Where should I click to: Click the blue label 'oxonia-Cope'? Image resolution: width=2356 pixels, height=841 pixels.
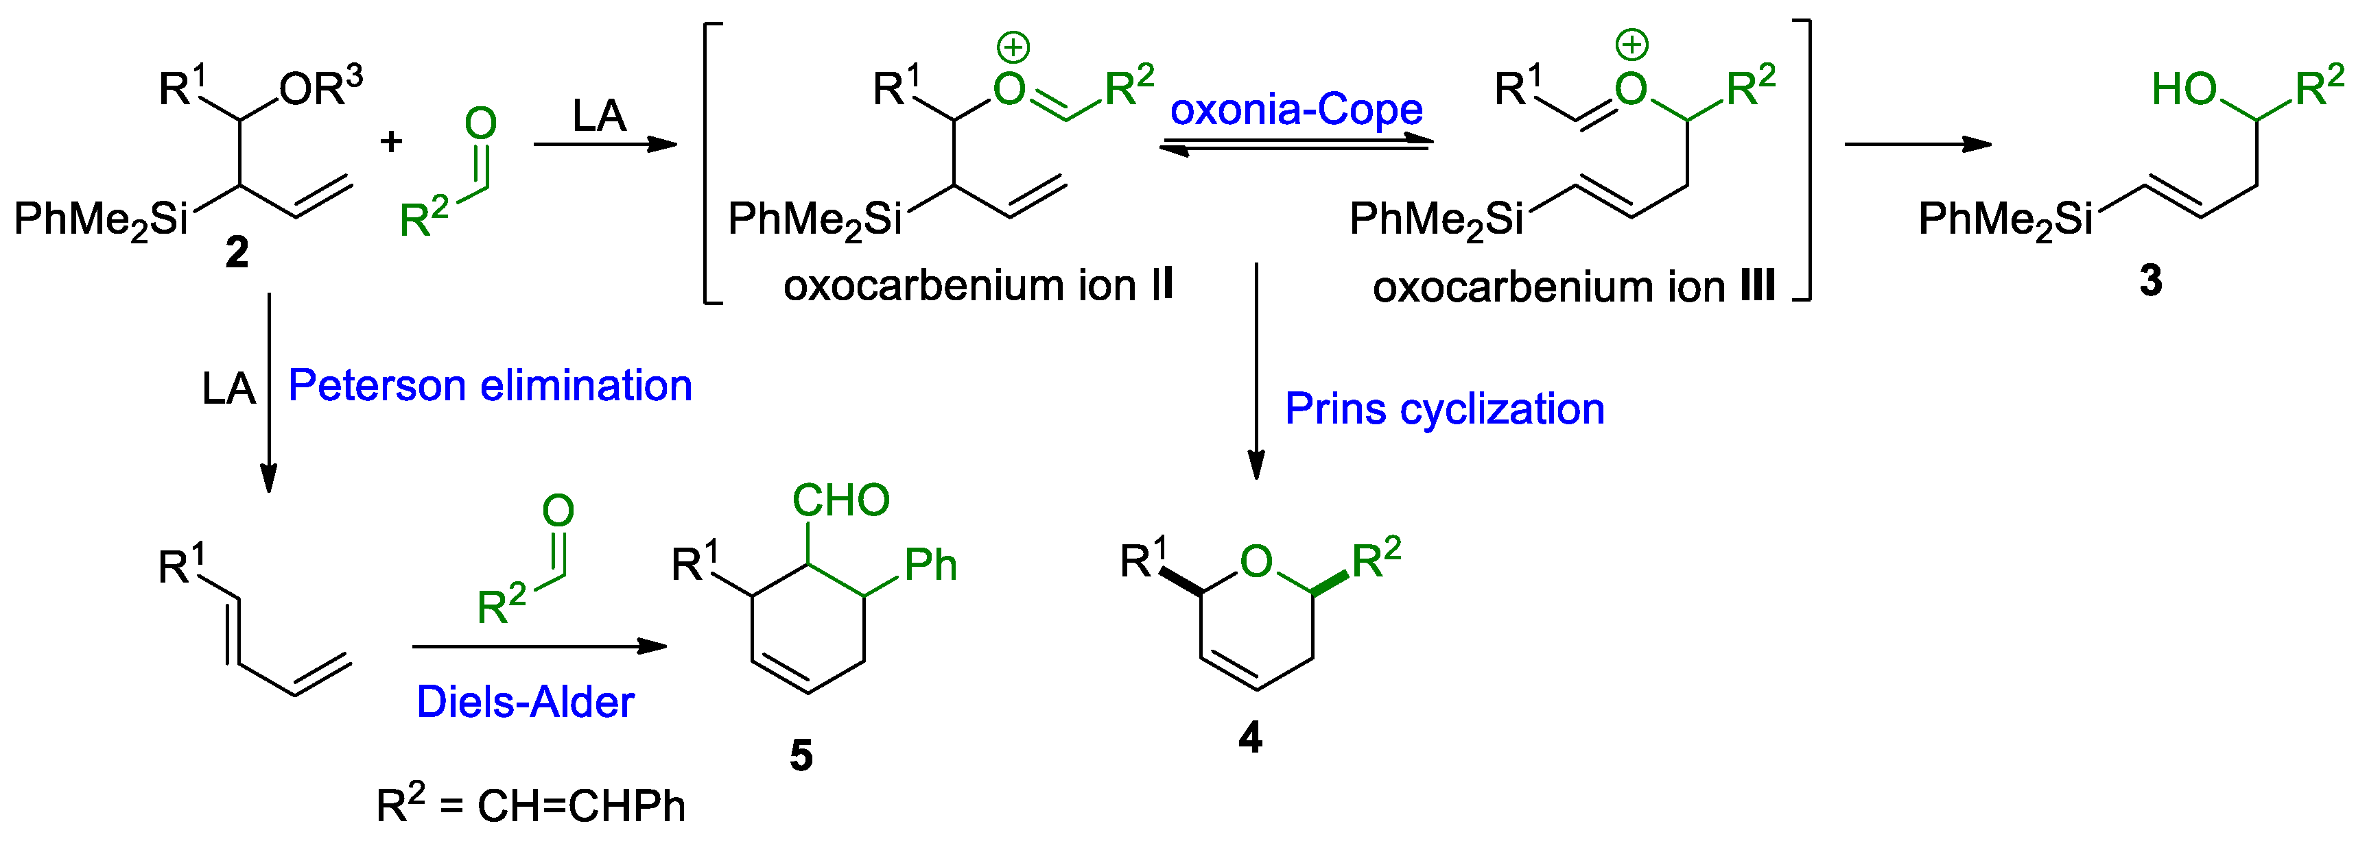(x=1295, y=110)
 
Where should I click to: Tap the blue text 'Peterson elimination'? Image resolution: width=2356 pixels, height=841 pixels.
(x=491, y=386)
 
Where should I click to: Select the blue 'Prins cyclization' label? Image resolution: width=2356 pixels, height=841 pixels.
(x=1444, y=409)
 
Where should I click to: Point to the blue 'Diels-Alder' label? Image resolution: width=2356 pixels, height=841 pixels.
(x=525, y=702)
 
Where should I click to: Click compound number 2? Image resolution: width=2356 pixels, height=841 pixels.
(x=237, y=252)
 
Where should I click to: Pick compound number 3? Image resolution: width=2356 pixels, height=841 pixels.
(x=2150, y=280)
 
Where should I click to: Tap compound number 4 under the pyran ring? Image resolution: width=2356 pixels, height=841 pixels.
(x=1250, y=737)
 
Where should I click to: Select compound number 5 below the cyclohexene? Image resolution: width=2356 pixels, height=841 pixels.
(x=801, y=755)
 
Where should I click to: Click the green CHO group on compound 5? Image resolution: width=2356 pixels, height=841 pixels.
(x=840, y=500)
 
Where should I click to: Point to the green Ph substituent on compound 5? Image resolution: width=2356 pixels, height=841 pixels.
(x=930, y=565)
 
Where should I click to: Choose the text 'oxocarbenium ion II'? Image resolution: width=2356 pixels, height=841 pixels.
(x=978, y=285)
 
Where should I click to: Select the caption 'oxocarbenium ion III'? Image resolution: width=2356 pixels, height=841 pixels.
(x=1573, y=287)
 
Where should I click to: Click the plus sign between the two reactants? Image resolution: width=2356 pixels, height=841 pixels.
(x=392, y=142)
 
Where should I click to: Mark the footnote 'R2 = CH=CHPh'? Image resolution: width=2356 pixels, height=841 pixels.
(x=530, y=805)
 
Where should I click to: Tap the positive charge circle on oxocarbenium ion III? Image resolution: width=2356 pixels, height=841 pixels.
(x=1631, y=44)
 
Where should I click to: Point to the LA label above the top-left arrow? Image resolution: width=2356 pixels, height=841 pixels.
(x=599, y=116)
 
